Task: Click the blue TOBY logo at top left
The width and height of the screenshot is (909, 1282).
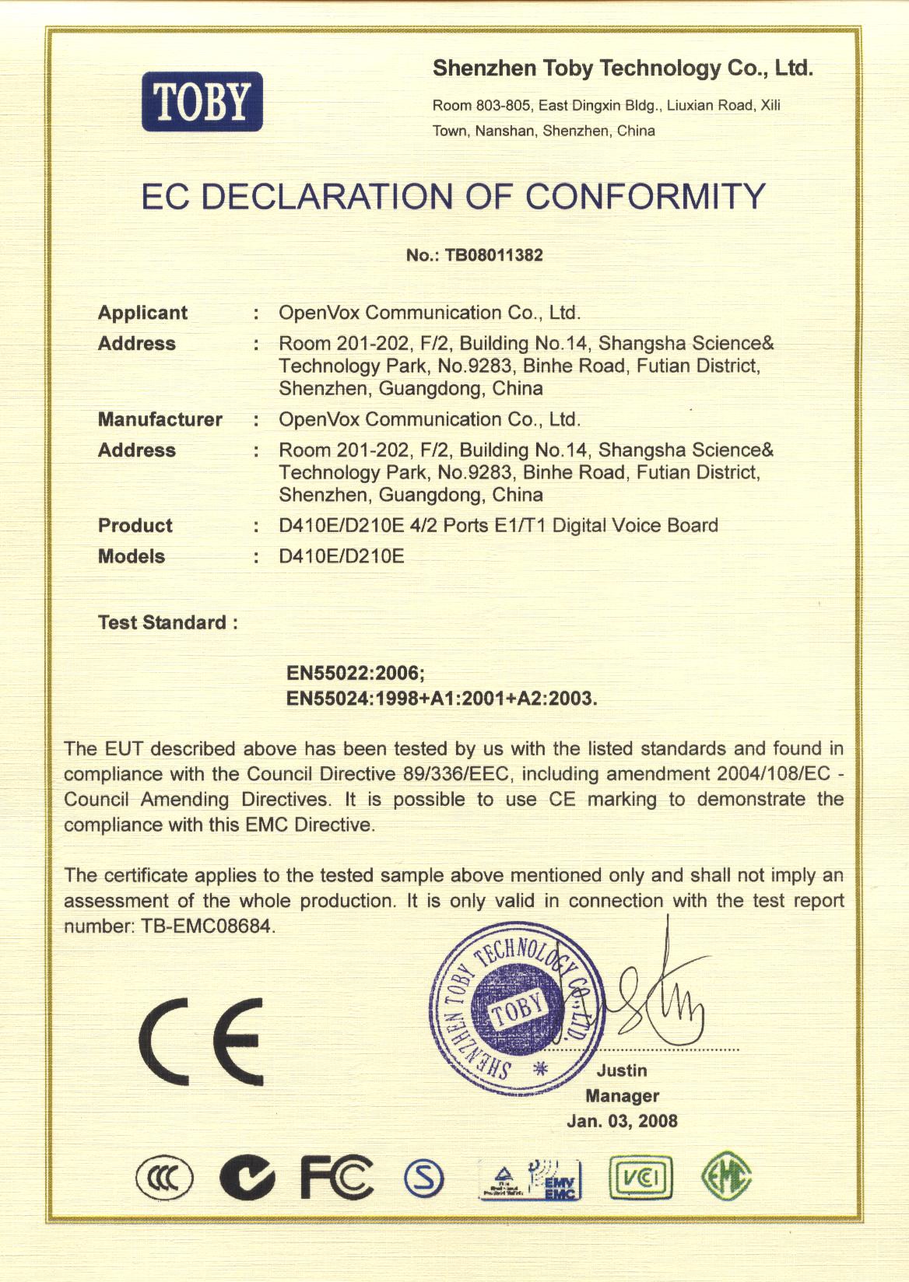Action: click(x=202, y=102)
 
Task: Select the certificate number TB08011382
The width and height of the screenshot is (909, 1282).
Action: click(x=493, y=255)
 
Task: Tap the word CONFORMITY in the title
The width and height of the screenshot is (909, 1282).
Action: click(x=645, y=196)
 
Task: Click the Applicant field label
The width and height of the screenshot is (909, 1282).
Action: click(x=142, y=313)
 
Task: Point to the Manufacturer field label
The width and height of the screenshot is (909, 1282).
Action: click(x=160, y=419)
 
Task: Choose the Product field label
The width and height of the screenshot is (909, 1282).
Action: click(x=135, y=526)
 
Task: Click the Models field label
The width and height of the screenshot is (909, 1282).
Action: click(x=131, y=556)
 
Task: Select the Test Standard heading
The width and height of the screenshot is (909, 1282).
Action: click(x=167, y=622)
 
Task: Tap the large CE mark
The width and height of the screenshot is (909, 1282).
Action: click(x=202, y=1041)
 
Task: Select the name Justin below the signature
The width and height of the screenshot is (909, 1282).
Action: click(x=622, y=1070)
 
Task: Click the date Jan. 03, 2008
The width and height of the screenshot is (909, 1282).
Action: click(x=622, y=1121)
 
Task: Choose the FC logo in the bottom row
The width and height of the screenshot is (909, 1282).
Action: click(x=336, y=1178)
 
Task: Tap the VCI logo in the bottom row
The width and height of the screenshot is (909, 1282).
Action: click(x=641, y=1179)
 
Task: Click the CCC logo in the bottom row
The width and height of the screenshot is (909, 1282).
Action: click(x=165, y=1179)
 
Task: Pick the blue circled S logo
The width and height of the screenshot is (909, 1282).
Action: click(x=424, y=1179)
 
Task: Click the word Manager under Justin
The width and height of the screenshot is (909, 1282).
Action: click(x=622, y=1096)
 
